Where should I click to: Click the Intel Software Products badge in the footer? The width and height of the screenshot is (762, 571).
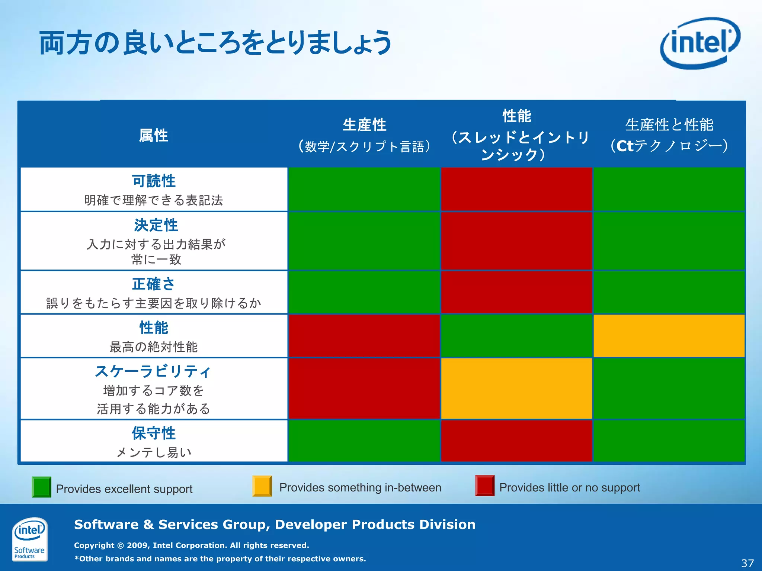(x=29, y=539)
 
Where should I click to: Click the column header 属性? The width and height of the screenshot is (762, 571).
(x=153, y=135)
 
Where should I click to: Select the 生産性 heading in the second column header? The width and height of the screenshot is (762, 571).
(x=364, y=125)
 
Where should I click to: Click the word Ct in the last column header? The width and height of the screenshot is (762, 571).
(x=625, y=146)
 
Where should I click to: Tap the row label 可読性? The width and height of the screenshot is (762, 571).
(x=154, y=181)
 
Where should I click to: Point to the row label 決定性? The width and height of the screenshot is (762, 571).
(x=156, y=225)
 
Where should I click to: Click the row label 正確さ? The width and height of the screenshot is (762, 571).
(x=153, y=284)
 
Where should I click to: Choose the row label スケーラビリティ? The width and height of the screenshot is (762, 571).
(x=153, y=371)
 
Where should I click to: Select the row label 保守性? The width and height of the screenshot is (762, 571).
(x=154, y=433)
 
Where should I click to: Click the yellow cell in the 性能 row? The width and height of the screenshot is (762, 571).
(x=669, y=336)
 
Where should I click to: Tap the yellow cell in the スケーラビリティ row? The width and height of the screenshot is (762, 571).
(x=516, y=388)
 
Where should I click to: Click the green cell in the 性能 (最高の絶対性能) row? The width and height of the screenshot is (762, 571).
(x=516, y=336)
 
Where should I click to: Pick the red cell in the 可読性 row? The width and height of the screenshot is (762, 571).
(x=516, y=189)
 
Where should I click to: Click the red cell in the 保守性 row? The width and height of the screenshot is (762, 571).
(x=516, y=441)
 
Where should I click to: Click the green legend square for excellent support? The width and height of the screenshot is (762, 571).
(x=41, y=487)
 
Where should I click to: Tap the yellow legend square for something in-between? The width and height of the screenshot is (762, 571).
(x=262, y=486)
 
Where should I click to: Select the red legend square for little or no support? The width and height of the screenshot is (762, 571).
(x=484, y=485)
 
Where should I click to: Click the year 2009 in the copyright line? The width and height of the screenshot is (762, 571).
(x=137, y=545)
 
